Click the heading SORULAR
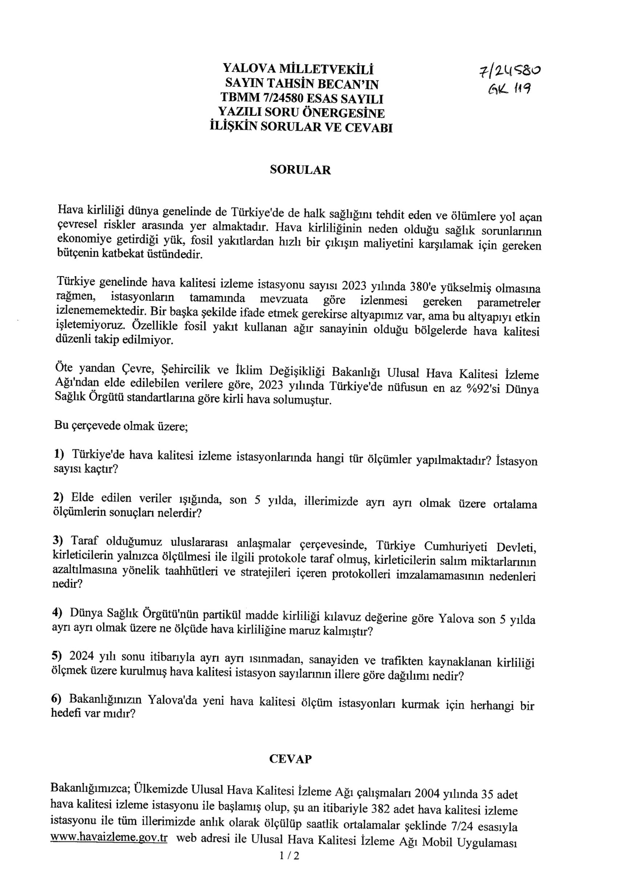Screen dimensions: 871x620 300,170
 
